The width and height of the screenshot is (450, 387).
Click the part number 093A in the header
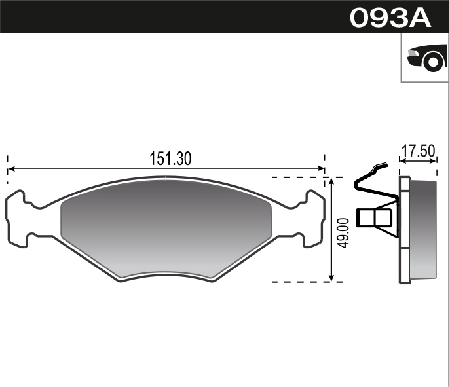click(x=390, y=17)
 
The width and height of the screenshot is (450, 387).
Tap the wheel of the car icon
click(x=433, y=62)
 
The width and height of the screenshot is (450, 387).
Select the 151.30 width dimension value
click(x=170, y=158)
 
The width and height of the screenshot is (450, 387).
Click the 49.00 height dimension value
click(x=344, y=233)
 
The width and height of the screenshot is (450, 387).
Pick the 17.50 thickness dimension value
click(x=418, y=151)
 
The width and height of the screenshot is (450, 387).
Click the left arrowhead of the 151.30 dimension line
click(x=11, y=170)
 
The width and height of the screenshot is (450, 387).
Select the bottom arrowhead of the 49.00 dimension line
click(x=333, y=278)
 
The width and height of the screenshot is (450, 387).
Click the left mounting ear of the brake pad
click(x=18, y=219)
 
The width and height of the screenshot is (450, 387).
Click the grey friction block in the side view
click(x=422, y=229)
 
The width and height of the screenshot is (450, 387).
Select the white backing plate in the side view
click(x=404, y=230)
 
